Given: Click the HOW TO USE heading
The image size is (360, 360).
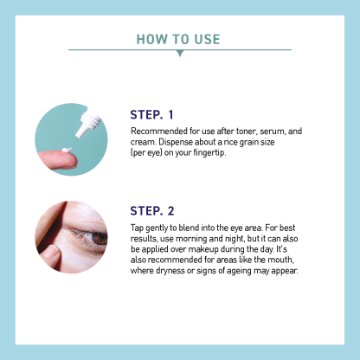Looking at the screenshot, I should point(179,39).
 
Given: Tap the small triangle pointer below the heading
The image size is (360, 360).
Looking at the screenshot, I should point(179,54).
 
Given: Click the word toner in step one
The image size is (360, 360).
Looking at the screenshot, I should point(244,131).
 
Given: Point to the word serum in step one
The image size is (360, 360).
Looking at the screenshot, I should point(273,131).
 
